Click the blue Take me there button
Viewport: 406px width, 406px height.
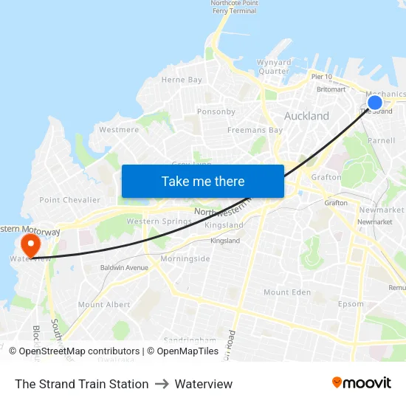point(203,181)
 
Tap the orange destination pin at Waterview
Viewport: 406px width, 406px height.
point(31,244)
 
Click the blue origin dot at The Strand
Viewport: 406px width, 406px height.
point(375,103)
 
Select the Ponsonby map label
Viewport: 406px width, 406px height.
point(216,112)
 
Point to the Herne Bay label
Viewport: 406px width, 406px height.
point(182,80)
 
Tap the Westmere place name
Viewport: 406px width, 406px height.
point(119,130)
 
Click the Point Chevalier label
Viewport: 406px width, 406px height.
point(69,200)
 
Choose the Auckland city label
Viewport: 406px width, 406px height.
point(306,117)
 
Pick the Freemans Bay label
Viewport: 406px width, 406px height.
point(255,131)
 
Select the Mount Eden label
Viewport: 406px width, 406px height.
point(287,292)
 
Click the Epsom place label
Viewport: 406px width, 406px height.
point(351,304)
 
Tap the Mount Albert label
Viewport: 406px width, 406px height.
point(104,305)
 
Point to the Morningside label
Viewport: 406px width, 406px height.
point(185,259)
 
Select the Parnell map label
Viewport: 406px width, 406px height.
point(381,140)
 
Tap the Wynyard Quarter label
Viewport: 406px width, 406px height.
point(273,66)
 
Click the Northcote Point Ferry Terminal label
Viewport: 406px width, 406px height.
point(234,7)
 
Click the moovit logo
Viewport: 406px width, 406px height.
point(362,383)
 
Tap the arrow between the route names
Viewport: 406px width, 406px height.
point(162,384)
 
